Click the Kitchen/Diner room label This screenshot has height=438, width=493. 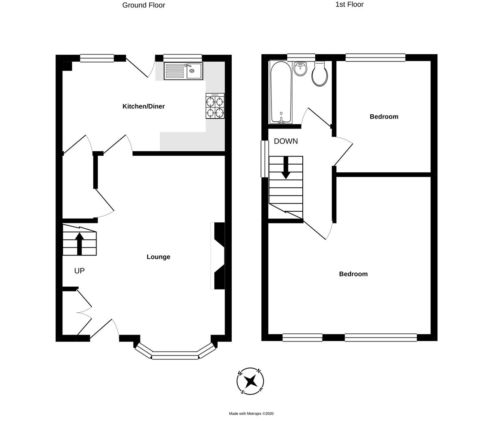[x=144, y=106]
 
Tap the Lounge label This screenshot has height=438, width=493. [x=158, y=257]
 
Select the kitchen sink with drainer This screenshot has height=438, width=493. [x=183, y=71]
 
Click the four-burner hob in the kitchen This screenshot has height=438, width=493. [x=215, y=106]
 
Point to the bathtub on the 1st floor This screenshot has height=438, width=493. [x=281, y=92]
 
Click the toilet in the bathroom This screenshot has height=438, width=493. [x=320, y=74]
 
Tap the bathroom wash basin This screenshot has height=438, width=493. [x=300, y=69]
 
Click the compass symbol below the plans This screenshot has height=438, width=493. [x=250, y=381]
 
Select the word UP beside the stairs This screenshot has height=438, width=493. [x=80, y=271]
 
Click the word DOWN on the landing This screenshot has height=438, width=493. [x=286, y=141]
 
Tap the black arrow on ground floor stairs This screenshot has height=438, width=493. [x=80, y=243]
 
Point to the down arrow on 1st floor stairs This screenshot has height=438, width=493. [x=286, y=167]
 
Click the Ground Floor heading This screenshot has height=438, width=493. [x=144, y=5]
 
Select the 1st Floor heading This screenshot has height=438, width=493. [x=349, y=4]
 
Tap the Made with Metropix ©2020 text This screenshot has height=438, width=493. [x=251, y=414]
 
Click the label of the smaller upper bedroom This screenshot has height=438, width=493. [x=384, y=116]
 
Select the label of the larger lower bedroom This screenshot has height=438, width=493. [x=353, y=274]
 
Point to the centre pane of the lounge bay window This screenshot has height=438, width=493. [x=175, y=357]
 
